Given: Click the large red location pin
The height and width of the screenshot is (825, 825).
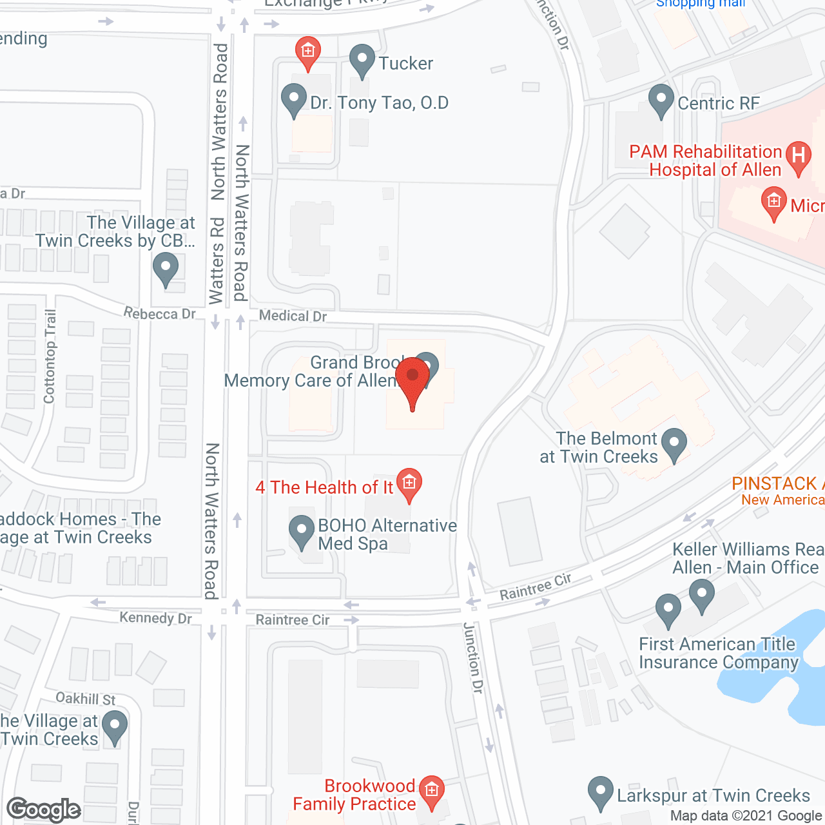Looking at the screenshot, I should tap(412, 380).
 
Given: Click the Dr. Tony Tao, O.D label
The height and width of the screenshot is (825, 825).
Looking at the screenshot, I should tap(379, 103).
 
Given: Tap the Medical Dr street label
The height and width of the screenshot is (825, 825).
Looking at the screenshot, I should tap(293, 316).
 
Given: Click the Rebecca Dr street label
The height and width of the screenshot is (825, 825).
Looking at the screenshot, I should tap(160, 314).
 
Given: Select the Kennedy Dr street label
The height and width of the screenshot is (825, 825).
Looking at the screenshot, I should tap(156, 618).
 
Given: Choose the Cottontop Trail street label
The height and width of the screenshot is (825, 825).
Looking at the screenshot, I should tap(50, 356).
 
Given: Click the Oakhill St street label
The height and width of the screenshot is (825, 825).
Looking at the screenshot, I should tap(86, 699).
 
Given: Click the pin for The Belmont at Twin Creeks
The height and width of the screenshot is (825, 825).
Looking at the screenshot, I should tap(674, 444).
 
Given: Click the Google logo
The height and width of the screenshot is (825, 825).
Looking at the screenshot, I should tap(44, 810).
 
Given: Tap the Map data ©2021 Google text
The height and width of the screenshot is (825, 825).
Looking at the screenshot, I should tap(746, 816).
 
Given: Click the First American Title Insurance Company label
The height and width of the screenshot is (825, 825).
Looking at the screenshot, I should tap(719, 653).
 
